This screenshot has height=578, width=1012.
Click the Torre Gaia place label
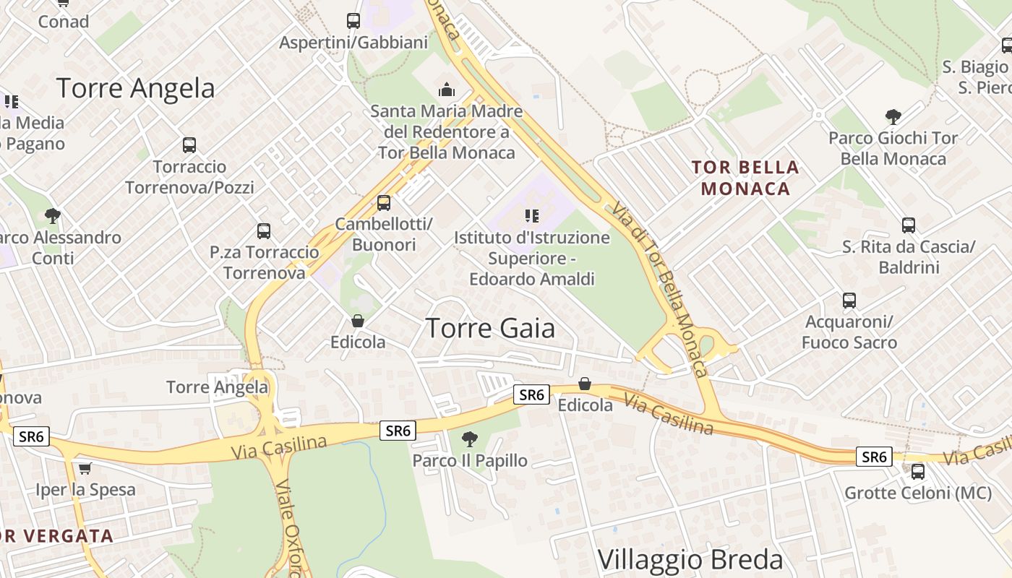490,328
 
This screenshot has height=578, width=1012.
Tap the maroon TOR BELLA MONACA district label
745,178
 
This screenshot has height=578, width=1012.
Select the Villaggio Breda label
690,560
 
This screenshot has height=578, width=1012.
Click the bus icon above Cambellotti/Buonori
384,203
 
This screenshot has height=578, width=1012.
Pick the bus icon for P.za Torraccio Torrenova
264,231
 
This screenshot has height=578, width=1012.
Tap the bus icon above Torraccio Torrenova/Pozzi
189,145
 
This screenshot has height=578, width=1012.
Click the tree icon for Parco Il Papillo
470,439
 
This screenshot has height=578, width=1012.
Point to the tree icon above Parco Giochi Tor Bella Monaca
893,116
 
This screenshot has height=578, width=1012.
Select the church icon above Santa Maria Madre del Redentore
447,90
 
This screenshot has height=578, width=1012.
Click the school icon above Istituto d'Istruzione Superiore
532,215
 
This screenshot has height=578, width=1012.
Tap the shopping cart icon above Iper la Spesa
85,468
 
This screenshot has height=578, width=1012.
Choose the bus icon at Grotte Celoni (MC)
918,472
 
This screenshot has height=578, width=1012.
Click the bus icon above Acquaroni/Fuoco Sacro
849,300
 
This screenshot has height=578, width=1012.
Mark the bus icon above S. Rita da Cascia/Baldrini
909,225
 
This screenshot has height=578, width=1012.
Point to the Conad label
64,22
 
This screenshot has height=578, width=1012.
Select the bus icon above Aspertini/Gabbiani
353,21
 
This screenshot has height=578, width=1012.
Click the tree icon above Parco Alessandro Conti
52,215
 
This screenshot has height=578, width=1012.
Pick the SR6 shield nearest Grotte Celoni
874,457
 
